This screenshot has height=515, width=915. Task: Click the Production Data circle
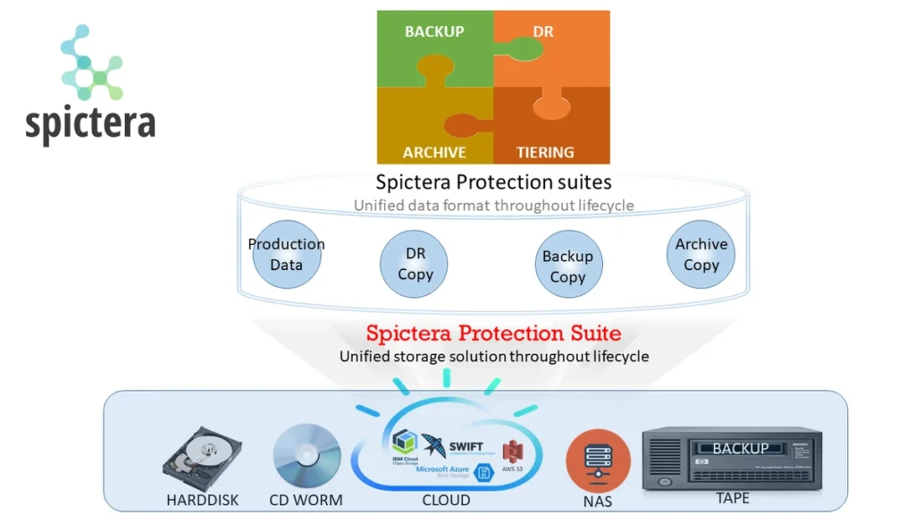286,254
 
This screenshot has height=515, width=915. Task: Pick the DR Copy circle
415,265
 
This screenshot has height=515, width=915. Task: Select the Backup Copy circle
567,266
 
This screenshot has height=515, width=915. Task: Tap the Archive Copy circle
701,255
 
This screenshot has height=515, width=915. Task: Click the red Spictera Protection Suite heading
493,333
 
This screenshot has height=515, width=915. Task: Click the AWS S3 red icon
511,452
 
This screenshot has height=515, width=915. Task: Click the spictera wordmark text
90,123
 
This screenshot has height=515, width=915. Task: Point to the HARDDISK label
203,500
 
